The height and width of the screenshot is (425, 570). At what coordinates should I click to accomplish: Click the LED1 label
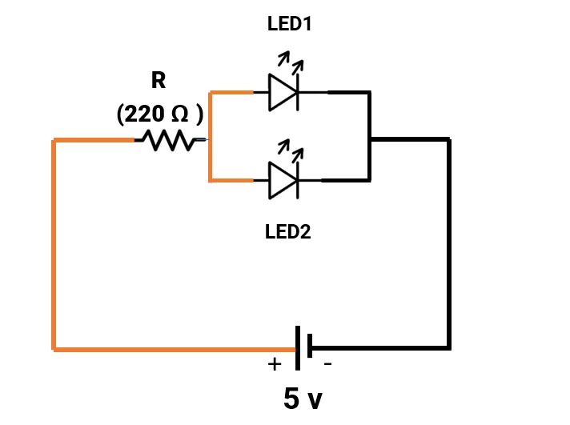point(289,24)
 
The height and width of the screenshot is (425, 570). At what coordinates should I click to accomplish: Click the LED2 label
point(287,232)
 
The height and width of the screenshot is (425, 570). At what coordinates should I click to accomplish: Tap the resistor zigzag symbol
point(169,141)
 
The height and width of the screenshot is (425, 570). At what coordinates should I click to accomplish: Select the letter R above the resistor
point(159,80)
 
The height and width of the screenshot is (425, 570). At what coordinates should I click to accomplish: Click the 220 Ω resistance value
point(159,114)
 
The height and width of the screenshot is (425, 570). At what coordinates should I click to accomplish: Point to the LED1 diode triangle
point(283,93)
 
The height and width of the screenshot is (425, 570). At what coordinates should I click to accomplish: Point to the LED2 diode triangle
point(283,180)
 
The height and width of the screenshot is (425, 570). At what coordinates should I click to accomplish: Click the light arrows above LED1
point(290,62)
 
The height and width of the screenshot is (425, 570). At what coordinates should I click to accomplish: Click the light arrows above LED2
point(290,150)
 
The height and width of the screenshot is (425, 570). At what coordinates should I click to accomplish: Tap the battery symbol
point(303,348)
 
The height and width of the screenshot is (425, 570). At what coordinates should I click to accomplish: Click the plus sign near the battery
point(275,364)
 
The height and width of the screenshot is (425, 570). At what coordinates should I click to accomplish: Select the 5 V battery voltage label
point(303,398)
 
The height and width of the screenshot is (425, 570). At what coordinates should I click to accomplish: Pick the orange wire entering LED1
point(231,93)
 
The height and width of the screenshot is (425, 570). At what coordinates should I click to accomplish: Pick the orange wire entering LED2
point(231,180)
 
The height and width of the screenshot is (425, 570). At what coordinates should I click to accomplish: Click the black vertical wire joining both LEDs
point(369,136)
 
